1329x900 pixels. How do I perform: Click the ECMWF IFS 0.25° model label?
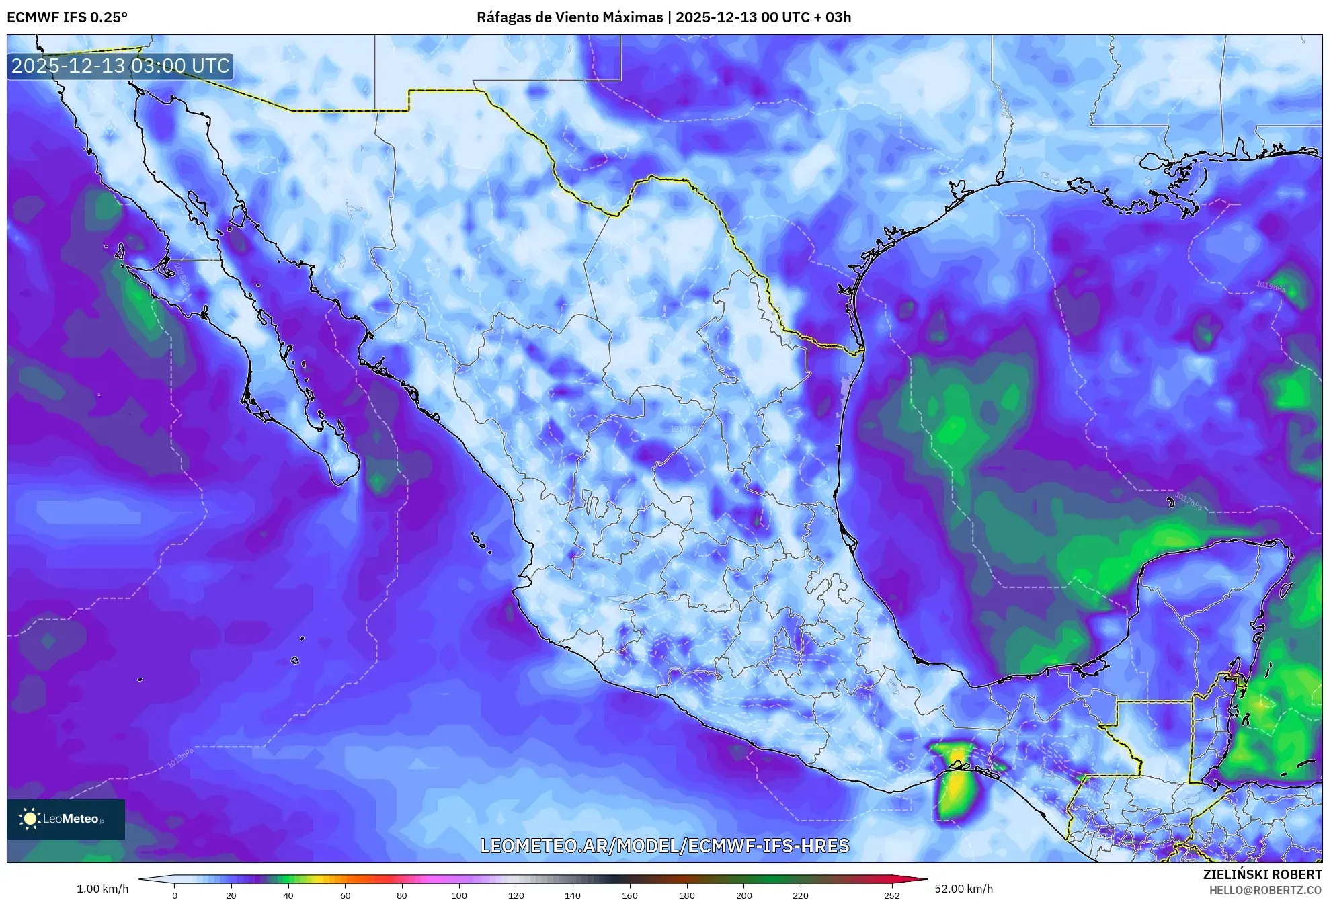(x=67, y=17)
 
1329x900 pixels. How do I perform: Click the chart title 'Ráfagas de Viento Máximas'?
(x=569, y=17)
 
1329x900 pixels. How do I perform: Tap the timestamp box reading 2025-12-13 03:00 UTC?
(x=121, y=66)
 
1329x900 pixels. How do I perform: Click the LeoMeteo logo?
(x=66, y=819)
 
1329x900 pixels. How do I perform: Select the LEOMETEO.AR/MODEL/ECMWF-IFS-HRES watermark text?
(x=664, y=846)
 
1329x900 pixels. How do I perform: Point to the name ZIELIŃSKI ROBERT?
(x=1262, y=874)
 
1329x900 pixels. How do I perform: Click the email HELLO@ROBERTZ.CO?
(x=1265, y=890)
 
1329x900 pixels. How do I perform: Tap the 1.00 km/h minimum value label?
(x=102, y=889)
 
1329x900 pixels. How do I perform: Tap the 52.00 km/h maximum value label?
(x=963, y=889)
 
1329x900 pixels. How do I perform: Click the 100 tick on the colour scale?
(x=459, y=895)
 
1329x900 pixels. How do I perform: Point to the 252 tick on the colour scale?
(x=892, y=895)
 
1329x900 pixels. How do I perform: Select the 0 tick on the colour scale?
(x=175, y=895)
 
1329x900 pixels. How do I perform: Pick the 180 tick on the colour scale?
(x=687, y=895)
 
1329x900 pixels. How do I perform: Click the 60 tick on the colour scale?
(x=345, y=895)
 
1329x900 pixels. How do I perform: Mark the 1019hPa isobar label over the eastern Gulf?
(x=1271, y=288)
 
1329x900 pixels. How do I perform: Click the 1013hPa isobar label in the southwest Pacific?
(x=181, y=758)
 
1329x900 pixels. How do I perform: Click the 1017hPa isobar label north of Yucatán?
(x=1189, y=501)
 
